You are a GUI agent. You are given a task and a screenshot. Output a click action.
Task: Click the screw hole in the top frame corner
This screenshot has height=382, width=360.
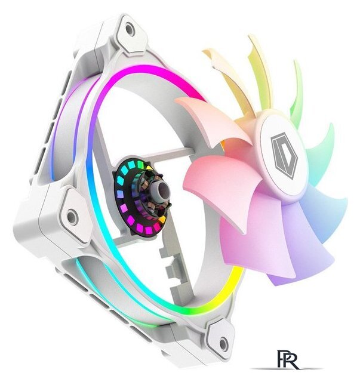(130, 29)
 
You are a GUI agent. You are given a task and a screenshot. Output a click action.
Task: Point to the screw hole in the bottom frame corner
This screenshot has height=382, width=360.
(223, 344)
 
